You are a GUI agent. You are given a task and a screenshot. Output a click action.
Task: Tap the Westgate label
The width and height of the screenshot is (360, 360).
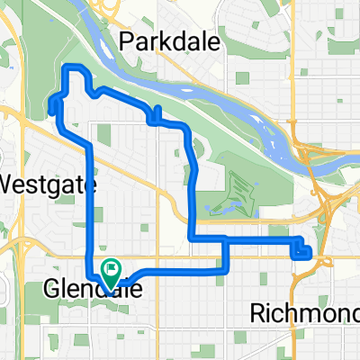coord(47,183)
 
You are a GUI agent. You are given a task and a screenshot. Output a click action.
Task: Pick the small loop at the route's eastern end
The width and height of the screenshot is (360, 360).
coord(303,249)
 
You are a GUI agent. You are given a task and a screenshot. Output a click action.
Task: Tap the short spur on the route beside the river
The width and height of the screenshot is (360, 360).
coord(157,112)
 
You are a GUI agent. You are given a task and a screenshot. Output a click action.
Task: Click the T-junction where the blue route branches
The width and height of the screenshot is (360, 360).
coord(224,238)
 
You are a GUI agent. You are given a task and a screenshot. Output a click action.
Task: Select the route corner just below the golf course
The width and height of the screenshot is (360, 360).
coord(192,238)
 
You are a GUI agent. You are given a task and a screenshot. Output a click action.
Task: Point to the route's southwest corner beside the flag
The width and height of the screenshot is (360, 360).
coord(89,274)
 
